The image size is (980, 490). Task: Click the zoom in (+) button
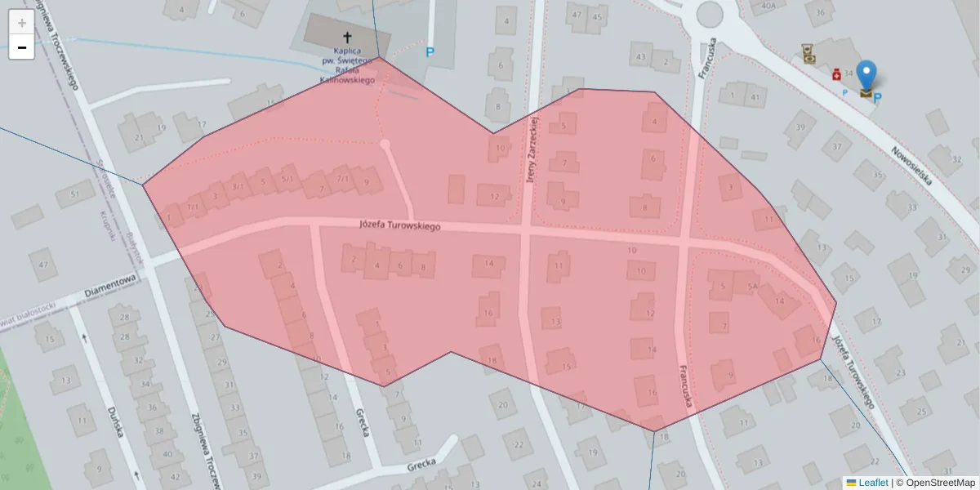pos(21,22)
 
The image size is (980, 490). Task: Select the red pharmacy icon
pos(837,75)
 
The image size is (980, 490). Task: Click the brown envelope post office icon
pos(866,93)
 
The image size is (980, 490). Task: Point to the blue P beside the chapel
pos(430,53)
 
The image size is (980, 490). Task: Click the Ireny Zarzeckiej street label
pos(531,147)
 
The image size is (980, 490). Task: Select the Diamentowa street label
pos(112,284)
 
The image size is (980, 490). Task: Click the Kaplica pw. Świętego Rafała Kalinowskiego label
pos(347,69)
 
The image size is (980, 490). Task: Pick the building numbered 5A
pos(752,287)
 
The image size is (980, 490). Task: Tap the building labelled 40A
pos(768,7)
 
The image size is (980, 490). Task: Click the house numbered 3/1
pos(238,187)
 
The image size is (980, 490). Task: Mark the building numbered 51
pos(74,194)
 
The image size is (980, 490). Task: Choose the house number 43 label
pos(641,57)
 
